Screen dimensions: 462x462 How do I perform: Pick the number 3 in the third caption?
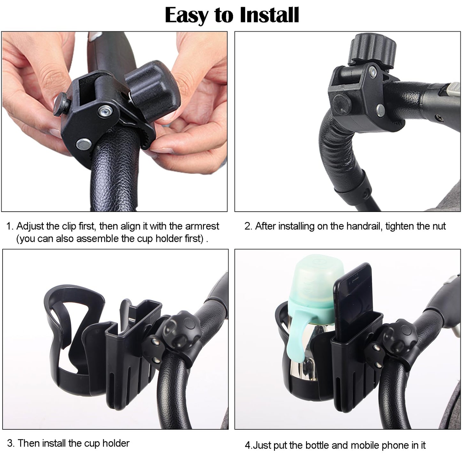coord(10,443)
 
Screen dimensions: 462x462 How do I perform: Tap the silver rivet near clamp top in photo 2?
coord(373,72)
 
